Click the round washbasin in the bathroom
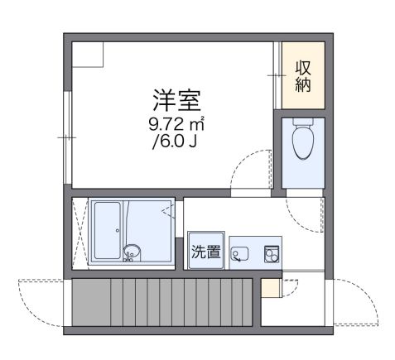130,252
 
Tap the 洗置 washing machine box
206,252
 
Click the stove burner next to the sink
270,253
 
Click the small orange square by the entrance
269,289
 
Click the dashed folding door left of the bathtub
80,233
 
